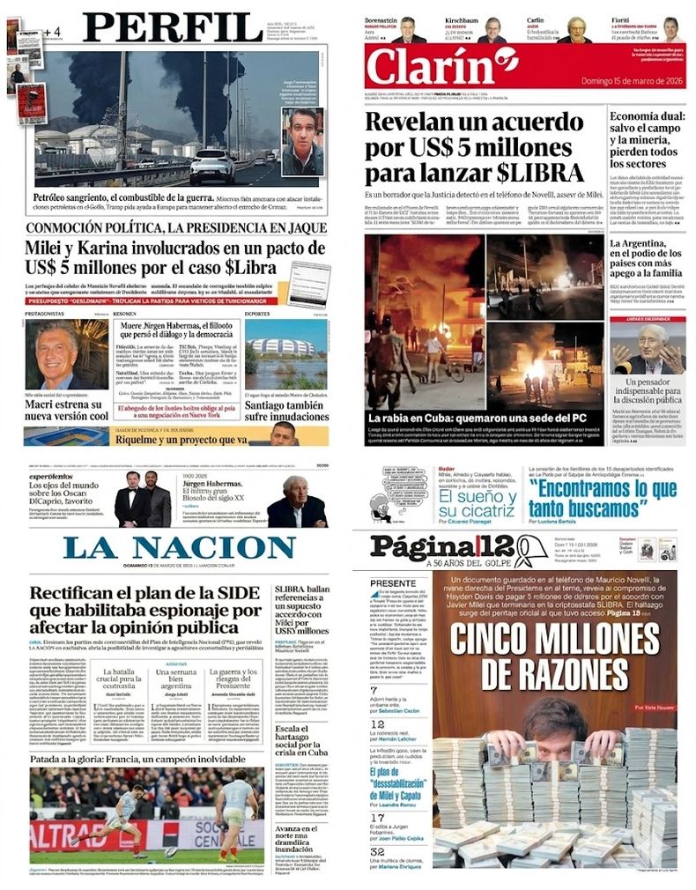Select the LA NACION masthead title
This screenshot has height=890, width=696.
click(179, 547)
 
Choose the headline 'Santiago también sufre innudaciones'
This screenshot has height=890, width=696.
click(287, 410)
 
